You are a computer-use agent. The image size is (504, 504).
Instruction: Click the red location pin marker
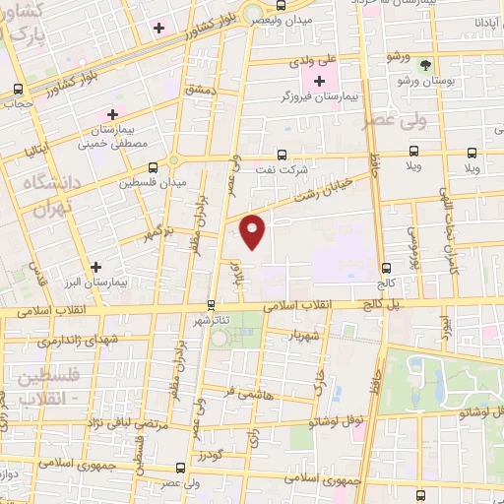pyautogui.click(x=253, y=231)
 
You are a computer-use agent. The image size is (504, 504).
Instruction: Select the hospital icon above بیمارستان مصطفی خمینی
pyautogui.click(x=113, y=115)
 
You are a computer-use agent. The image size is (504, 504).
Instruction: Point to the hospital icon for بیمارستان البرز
pyautogui.click(x=95, y=267)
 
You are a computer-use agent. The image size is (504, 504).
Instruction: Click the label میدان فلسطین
pyautogui.click(x=153, y=183)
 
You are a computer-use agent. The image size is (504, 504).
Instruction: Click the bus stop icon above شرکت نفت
pyautogui.click(x=283, y=155)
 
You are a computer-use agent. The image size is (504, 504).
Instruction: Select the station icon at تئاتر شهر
pyautogui.click(x=211, y=304)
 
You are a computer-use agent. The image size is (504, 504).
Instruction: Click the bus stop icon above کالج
pyautogui.click(x=386, y=267)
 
